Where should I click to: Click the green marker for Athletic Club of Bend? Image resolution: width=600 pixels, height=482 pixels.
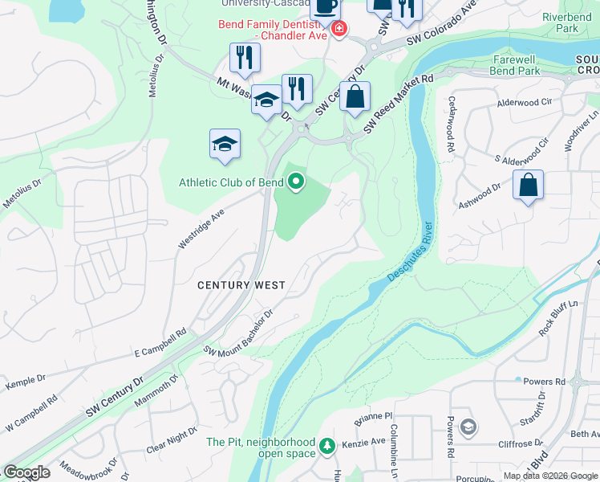[x=296, y=182]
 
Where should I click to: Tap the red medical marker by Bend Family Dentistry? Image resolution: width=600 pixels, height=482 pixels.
[x=339, y=30]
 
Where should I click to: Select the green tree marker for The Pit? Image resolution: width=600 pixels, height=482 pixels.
[x=326, y=444]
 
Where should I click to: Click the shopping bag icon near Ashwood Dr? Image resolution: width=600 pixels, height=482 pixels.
[x=529, y=185]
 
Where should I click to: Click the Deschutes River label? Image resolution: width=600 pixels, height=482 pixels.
[x=410, y=251]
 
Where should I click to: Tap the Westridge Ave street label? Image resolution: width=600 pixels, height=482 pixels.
[x=200, y=230]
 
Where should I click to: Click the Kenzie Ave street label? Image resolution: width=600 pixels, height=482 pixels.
[x=366, y=443]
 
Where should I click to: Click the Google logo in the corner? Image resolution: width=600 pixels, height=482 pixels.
[x=26, y=472]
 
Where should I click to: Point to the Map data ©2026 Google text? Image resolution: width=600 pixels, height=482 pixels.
[x=550, y=476]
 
